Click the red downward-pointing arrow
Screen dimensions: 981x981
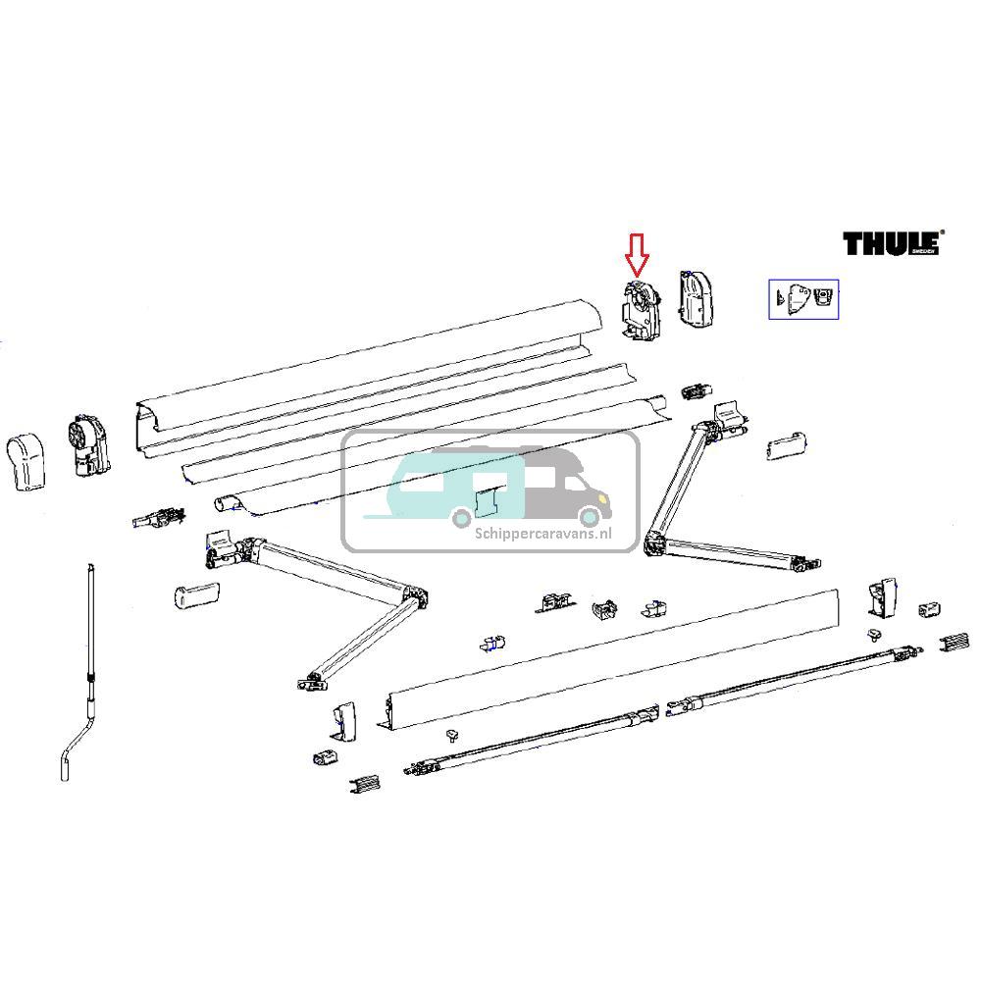[638, 254]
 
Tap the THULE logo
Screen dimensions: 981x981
[891, 243]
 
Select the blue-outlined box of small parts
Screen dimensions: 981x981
[802, 298]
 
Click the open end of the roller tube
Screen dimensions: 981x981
[227, 503]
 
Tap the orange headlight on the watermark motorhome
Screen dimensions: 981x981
[595, 500]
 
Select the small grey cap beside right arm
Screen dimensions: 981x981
[786, 447]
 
